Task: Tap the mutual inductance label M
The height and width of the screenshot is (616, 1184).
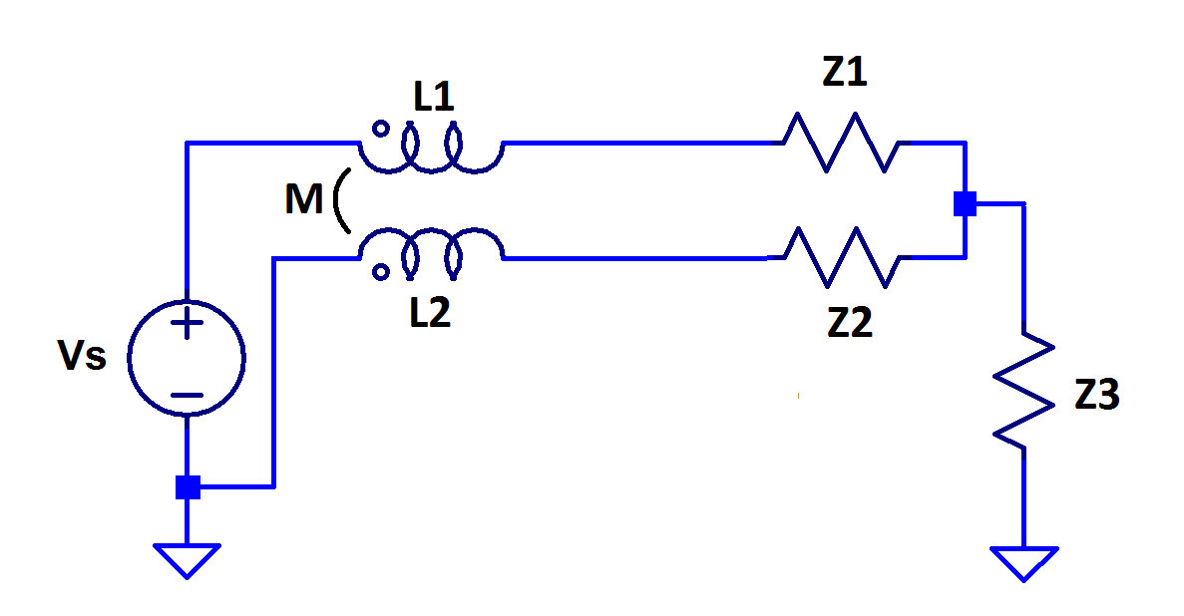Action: coord(304,200)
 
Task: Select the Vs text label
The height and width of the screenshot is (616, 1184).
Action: coord(83,356)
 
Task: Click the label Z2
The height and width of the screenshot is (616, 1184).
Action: coord(848,323)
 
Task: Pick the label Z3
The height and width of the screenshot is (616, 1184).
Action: coord(1097,396)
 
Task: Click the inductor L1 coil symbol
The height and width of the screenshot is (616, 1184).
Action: coord(431,151)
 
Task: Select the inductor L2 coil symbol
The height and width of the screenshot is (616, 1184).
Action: coord(431,250)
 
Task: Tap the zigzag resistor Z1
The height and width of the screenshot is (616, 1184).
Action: coord(842,143)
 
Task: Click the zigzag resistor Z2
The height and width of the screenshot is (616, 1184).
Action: coord(842,256)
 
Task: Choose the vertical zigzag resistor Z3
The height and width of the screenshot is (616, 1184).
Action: coord(1023,392)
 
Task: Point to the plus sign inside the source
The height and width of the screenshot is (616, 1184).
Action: coord(187,323)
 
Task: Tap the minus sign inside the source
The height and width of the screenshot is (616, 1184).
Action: coord(187,395)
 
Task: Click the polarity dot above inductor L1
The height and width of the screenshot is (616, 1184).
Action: coord(380,128)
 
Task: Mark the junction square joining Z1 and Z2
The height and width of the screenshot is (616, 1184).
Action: coord(964,203)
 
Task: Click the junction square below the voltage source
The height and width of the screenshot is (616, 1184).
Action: coord(188,487)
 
